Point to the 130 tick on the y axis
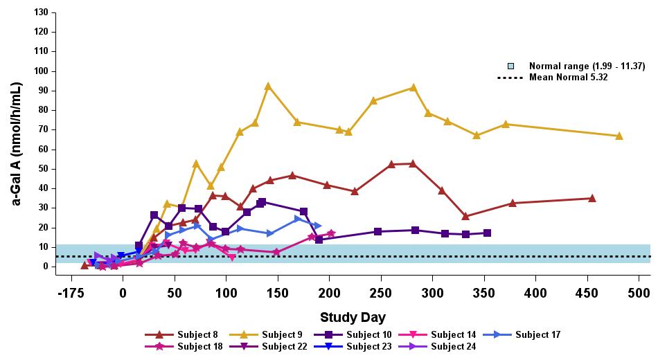tap(41, 12)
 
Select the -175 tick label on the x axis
tap(71, 292)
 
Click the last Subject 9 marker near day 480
tap(619, 136)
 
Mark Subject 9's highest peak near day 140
tap(268, 86)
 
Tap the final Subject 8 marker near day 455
tap(592, 198)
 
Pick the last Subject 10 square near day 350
tap(488, 233)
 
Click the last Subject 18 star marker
tap(331, 233)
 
